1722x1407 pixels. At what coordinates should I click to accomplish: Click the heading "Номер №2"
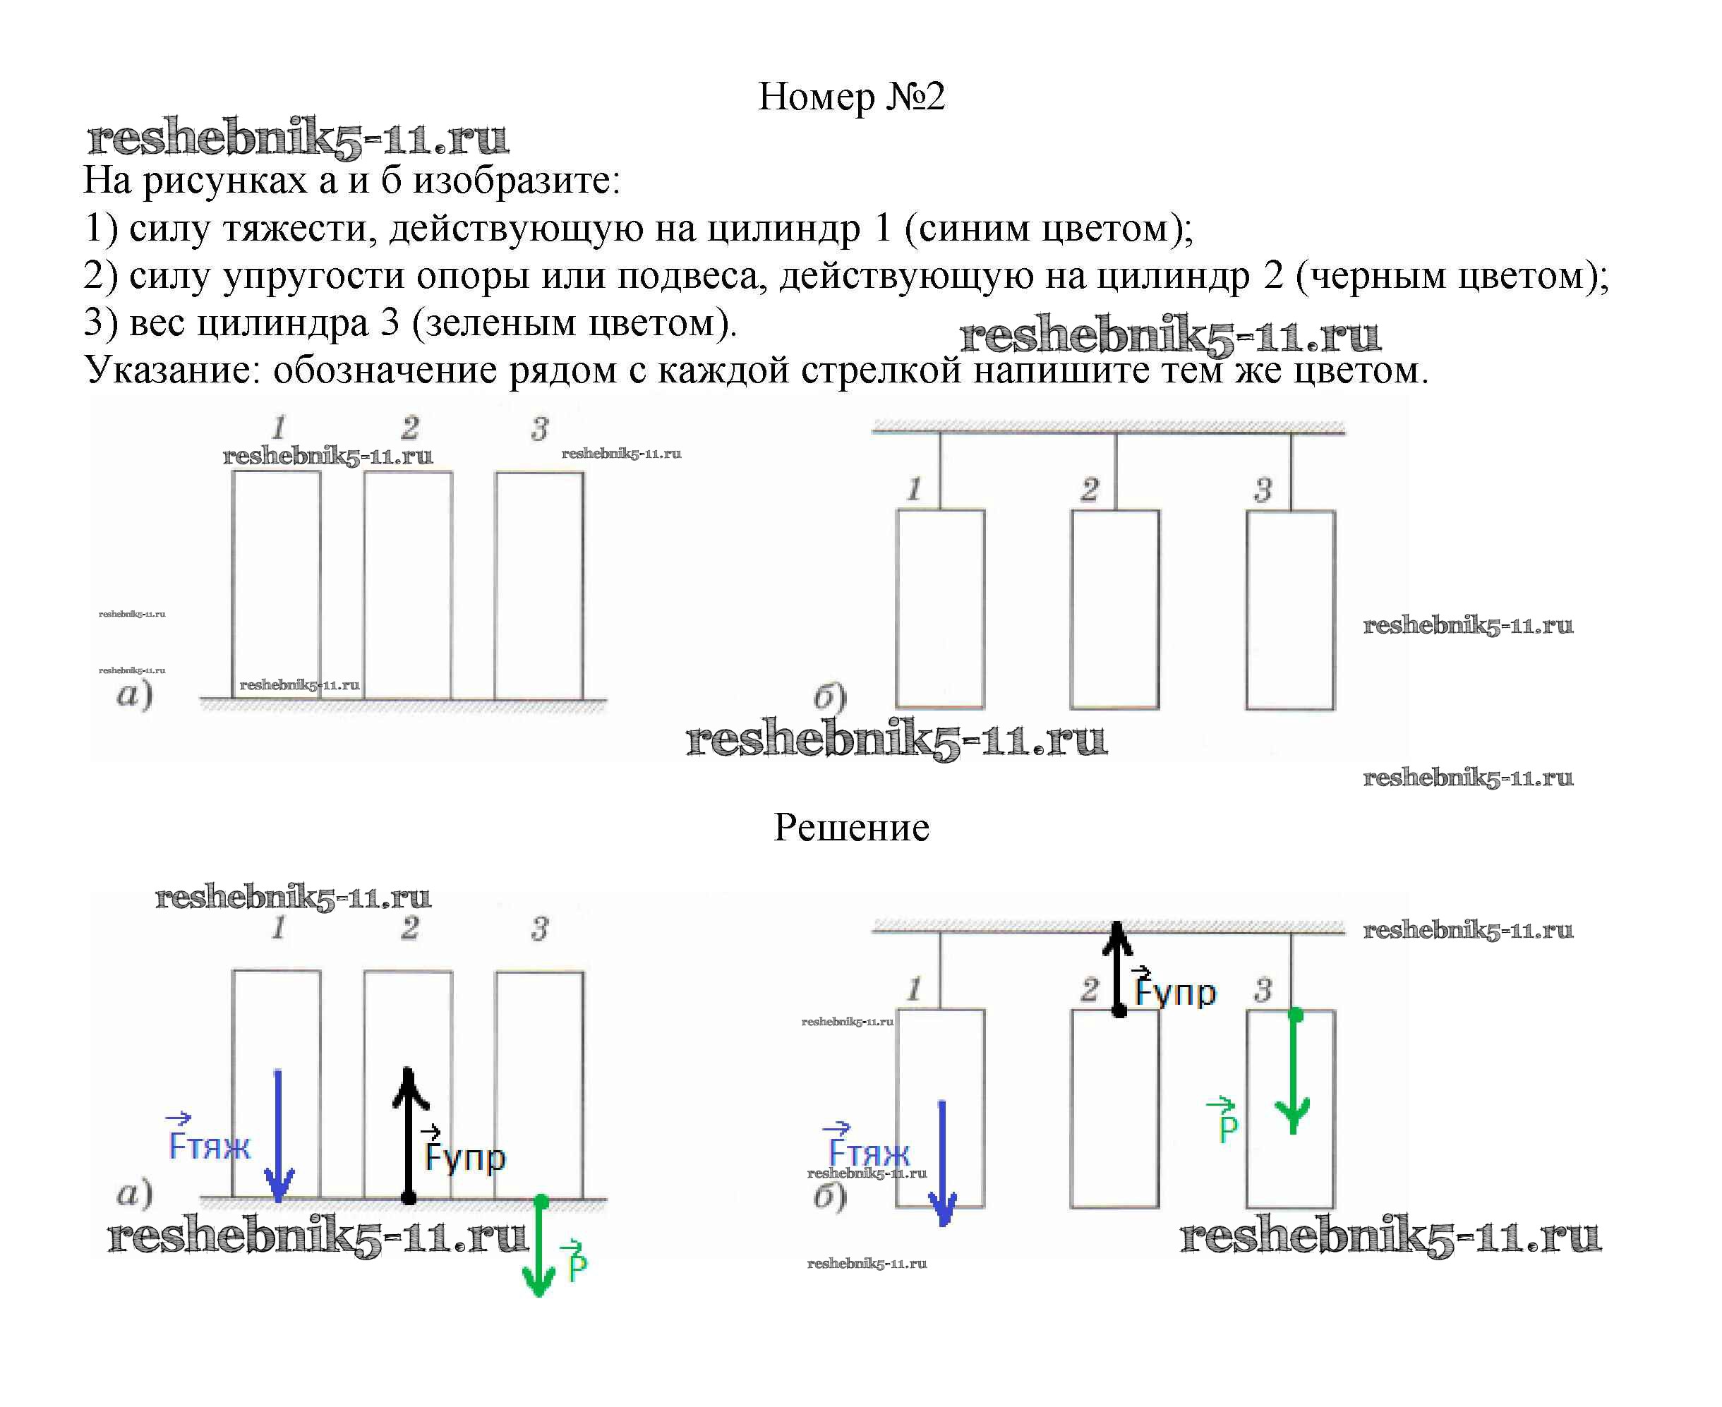(x=850, y=97)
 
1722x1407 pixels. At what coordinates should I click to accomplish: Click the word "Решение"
(x=850, y=828)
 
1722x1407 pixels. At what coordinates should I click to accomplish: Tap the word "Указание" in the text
(x=171, y=371)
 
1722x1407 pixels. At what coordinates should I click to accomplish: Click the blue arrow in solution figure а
(x=278, y=1135)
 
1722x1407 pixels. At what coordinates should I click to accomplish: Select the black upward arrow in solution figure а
(x=409, y=1135)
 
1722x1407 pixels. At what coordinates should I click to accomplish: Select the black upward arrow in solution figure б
(x=1118, y=969)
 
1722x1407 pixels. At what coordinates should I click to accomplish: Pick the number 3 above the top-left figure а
(x=540, y=429)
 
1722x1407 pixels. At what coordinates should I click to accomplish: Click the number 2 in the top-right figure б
(x=1090, y=490)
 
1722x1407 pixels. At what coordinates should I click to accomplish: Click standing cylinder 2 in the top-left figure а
(x=408, y=585)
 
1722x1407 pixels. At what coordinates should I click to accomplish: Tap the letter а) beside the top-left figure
(x=135, y=694)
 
